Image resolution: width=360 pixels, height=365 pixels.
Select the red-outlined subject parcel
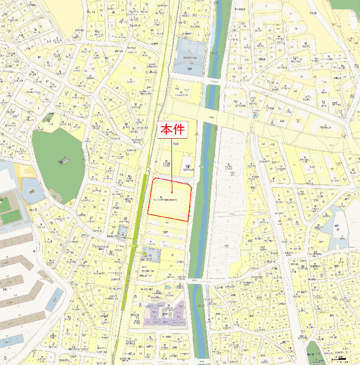click(x=170, y=200)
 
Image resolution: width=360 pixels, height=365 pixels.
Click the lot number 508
click(x=176, y=144)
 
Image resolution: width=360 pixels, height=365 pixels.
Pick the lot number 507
click(x=166, y=233)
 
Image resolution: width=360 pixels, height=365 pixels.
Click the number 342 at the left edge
click(x=5, y=288)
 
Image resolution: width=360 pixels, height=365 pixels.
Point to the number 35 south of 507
click(x=171, y=254)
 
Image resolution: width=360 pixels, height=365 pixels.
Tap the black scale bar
click(x=340, y=359)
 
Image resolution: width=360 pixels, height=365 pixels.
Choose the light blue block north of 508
click(x=189, y=56)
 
